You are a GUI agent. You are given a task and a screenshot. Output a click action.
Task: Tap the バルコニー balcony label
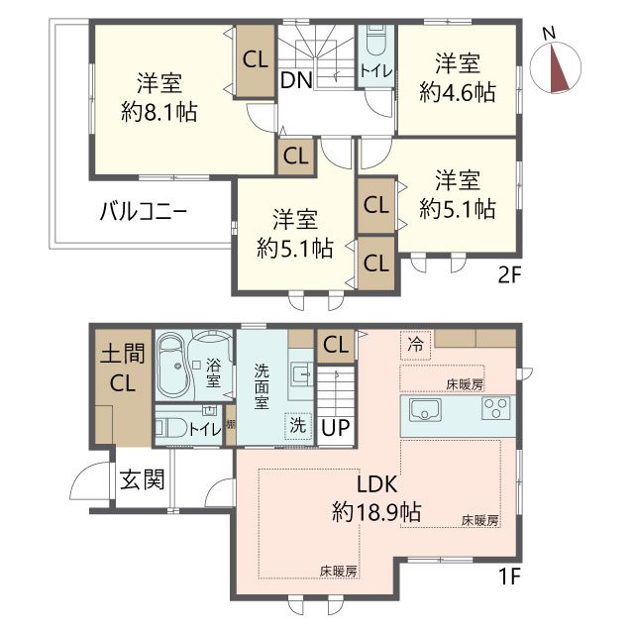[144, 210]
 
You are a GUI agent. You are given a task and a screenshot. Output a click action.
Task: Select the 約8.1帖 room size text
[158, 112]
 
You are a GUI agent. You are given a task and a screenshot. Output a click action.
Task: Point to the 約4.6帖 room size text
[457, 92]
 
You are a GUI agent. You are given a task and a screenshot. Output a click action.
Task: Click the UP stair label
[336, 428]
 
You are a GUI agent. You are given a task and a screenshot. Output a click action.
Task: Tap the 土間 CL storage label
[124, 367]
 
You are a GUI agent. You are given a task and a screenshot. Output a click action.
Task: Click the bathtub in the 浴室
[174, 368]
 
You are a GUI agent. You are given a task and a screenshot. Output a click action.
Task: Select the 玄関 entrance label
[143, 482]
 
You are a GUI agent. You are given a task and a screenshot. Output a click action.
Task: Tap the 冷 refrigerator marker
[415, 344]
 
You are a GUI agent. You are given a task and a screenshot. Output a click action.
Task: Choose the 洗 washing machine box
[297, 422]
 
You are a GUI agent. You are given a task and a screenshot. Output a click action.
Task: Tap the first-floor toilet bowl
[173, 429]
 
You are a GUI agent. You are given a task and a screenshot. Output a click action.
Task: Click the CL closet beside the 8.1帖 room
[256, 58]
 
